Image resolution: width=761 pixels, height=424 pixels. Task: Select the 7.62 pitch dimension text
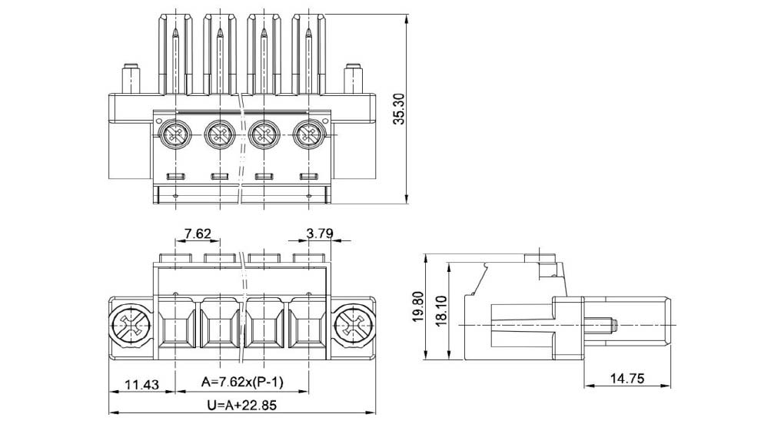pos(198,233)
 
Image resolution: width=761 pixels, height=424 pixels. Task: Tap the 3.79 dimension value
pos(319,233)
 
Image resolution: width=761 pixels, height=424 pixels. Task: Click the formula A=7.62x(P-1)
pos(242,382)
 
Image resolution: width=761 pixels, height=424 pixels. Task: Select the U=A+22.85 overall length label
pos(241,403)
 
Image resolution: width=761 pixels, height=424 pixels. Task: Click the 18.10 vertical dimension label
pos(440,310)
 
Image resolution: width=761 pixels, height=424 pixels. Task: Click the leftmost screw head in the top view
pos(176,137)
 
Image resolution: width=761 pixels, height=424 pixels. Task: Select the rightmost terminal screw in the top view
pos(309,137)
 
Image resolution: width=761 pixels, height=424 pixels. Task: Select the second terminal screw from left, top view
pos(221,137)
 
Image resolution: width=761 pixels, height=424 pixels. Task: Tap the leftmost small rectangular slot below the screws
pos(176,177)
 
